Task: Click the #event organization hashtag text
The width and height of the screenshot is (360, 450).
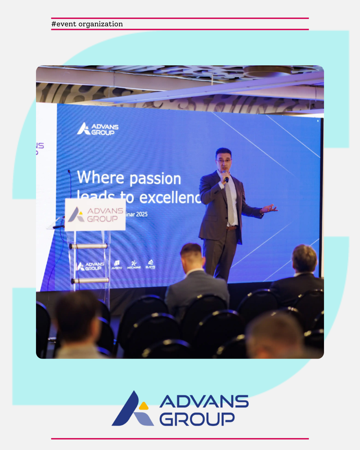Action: click(x=87, y=24)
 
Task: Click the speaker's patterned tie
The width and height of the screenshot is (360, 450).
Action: click(x=230, y=203)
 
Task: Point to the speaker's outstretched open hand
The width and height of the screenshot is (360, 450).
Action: click(x=270, y=209)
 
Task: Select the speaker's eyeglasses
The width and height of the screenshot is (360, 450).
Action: click(x=224, y=161)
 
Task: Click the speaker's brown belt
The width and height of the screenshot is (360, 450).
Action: click(x=231, y=228)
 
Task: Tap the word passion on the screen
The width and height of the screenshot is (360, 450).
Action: click(x=155, y=179)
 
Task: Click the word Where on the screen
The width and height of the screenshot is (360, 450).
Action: click(x=101, y=177)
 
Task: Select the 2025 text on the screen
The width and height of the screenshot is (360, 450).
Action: click(x=142, y=214)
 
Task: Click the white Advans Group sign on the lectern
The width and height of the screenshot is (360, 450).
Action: click(x=95, y=215)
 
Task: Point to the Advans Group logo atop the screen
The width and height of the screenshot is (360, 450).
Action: click(x=98, y=129)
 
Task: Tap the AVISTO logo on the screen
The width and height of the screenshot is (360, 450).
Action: click(x=117, y=265)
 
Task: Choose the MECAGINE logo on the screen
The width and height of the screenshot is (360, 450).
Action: click(x=134, y=265)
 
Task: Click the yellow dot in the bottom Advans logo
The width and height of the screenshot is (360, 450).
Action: click(x=144, y=406)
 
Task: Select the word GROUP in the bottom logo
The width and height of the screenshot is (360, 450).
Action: click(x=197, y=419)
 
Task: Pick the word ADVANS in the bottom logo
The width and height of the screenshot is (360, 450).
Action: click(x=204, y=401)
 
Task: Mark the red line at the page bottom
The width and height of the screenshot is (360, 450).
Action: click(x=180, y=439)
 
